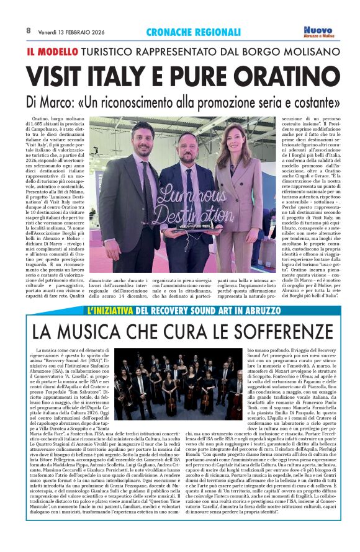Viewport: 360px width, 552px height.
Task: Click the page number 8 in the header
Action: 29,30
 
